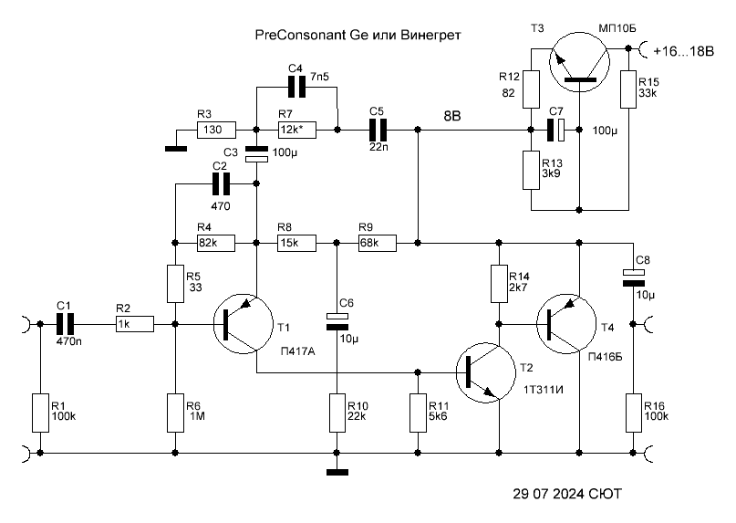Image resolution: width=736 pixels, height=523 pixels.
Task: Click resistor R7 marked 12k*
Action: pos(296,130)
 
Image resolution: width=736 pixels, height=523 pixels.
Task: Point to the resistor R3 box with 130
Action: pos(216,130)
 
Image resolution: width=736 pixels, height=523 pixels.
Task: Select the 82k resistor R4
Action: pos(216,244)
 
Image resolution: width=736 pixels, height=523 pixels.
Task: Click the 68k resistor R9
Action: pos(378,244)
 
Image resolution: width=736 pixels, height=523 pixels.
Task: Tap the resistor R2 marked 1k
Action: pos(135,324)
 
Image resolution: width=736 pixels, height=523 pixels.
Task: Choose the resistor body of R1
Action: pos(40,413)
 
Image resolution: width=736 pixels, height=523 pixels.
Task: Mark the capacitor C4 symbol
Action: pos(296,88)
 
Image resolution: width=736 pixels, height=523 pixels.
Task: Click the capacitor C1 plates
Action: pos(66,324)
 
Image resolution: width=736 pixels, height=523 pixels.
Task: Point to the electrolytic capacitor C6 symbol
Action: pos(337,321)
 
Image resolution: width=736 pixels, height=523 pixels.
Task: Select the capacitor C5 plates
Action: pos(378,130)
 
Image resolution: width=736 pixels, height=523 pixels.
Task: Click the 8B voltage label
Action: pos(452,116)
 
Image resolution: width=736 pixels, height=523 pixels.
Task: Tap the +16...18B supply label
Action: pos(683,51)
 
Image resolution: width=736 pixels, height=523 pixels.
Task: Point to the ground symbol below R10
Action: pos(337,472)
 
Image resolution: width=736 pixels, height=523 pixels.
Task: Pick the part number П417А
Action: pos(297,350)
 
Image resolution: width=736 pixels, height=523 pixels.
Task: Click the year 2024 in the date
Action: pos(567,494)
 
